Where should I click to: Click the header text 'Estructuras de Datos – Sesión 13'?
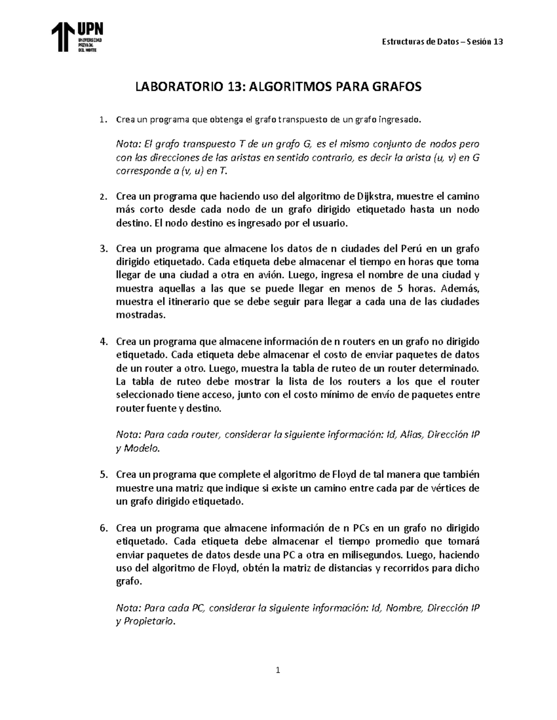pos(442,42)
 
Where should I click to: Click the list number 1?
pos(103,120)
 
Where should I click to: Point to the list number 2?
pos(103,197)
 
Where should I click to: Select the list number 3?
pos(103,248)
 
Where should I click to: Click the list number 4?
pos(103,342)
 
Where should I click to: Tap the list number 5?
pos(103,475)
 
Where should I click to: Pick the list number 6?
pos(103,528)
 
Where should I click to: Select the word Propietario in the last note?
pos(149,622)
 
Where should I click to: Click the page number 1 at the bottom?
pos(278,670)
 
